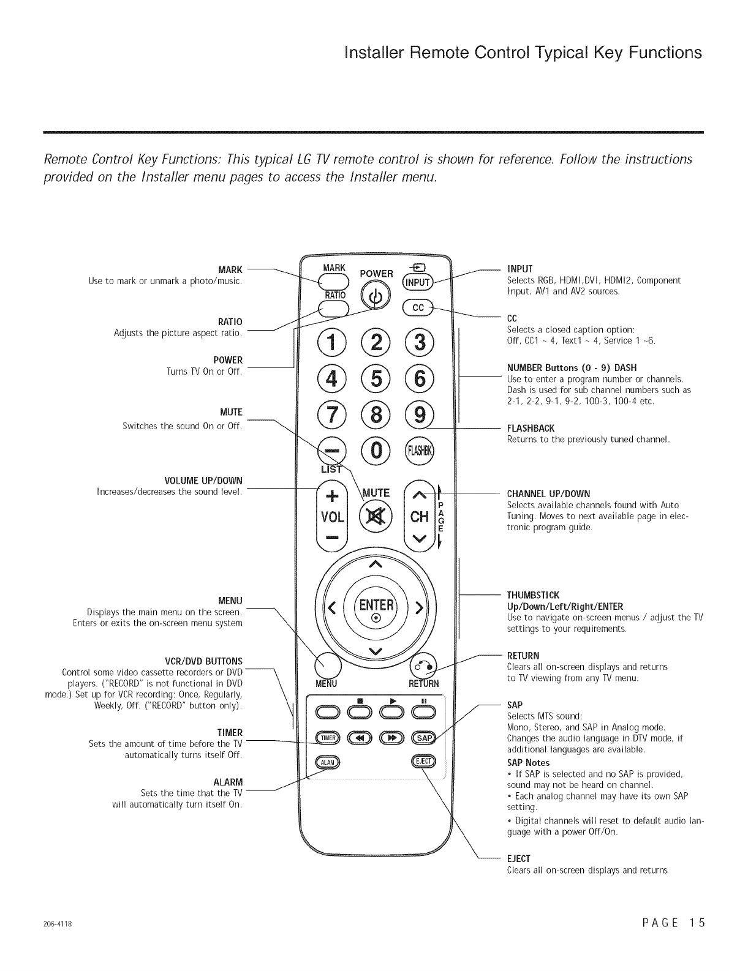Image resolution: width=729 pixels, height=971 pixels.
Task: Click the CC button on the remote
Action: (417, 308)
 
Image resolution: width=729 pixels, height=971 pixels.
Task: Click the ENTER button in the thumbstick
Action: (376, 609)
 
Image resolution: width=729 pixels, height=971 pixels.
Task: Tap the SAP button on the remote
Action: (423, 738)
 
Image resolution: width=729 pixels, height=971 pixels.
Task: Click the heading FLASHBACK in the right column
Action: (531, 428)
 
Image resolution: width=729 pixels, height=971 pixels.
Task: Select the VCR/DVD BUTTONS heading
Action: (204, 661)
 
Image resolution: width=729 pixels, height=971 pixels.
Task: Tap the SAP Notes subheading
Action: (528, 763)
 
